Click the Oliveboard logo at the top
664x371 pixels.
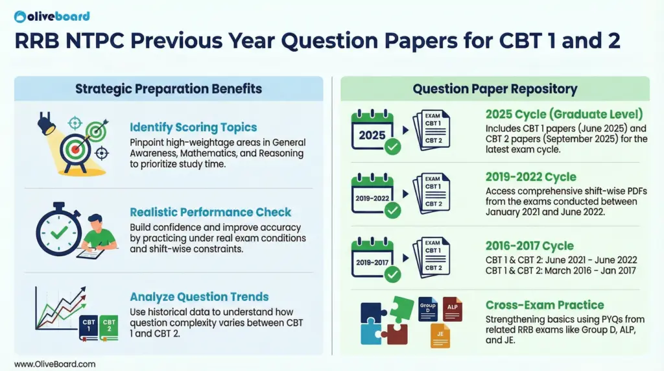[51, 16]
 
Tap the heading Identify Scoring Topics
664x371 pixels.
[193, 127]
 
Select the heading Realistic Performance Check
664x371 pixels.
[211, 212]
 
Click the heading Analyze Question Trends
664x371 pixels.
[199, 297]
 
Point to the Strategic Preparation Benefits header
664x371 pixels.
[169, 89]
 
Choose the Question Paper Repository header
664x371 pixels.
[495, 89]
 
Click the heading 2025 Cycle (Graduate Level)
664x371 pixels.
[564, 114]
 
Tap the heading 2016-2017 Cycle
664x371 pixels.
[530, 246]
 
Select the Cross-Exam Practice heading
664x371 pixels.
[545, 305]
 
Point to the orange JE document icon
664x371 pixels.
[440, 335]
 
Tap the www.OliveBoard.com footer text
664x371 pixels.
[54, 364]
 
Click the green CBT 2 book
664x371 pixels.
[109, 328]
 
